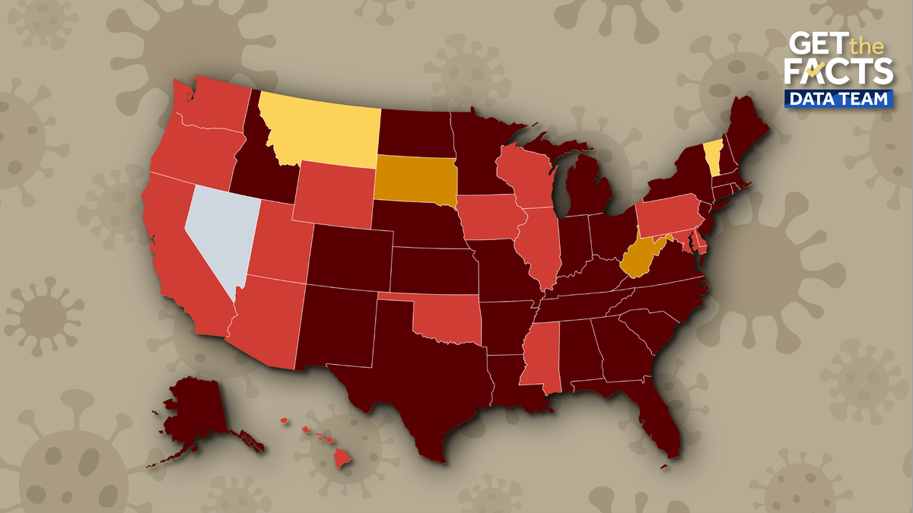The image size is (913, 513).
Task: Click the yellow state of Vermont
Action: tap(712, 157)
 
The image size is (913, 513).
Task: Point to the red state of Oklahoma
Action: tap(449, 319)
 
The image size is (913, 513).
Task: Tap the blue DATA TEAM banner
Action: tap(838, 99)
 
